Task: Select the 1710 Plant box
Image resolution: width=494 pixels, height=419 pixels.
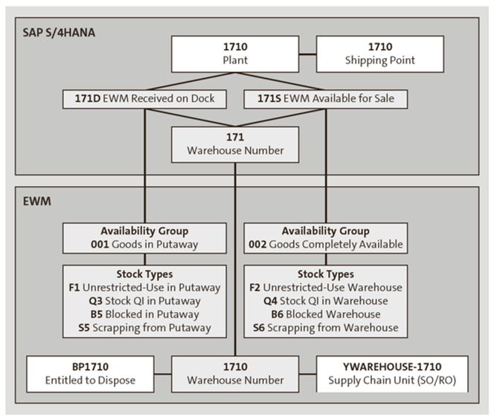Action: [x=234, y=53]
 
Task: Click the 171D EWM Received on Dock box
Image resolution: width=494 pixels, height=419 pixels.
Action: [x=145, y=98]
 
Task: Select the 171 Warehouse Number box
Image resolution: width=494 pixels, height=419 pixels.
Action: [x=234, y=144]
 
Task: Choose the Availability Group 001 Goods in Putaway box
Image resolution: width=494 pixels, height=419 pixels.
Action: [x=144, y=237]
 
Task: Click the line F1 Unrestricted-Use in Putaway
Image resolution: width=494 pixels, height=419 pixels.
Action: [x=144, y=287]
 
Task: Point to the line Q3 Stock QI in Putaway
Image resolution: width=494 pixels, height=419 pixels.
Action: [x=144, y=301]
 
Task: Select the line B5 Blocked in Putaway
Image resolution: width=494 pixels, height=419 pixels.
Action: [x=144, y=314]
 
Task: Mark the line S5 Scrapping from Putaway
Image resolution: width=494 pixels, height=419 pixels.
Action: [x=144, y=327]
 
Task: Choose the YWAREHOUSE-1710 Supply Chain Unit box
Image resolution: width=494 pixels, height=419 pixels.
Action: [x=392, y=373]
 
